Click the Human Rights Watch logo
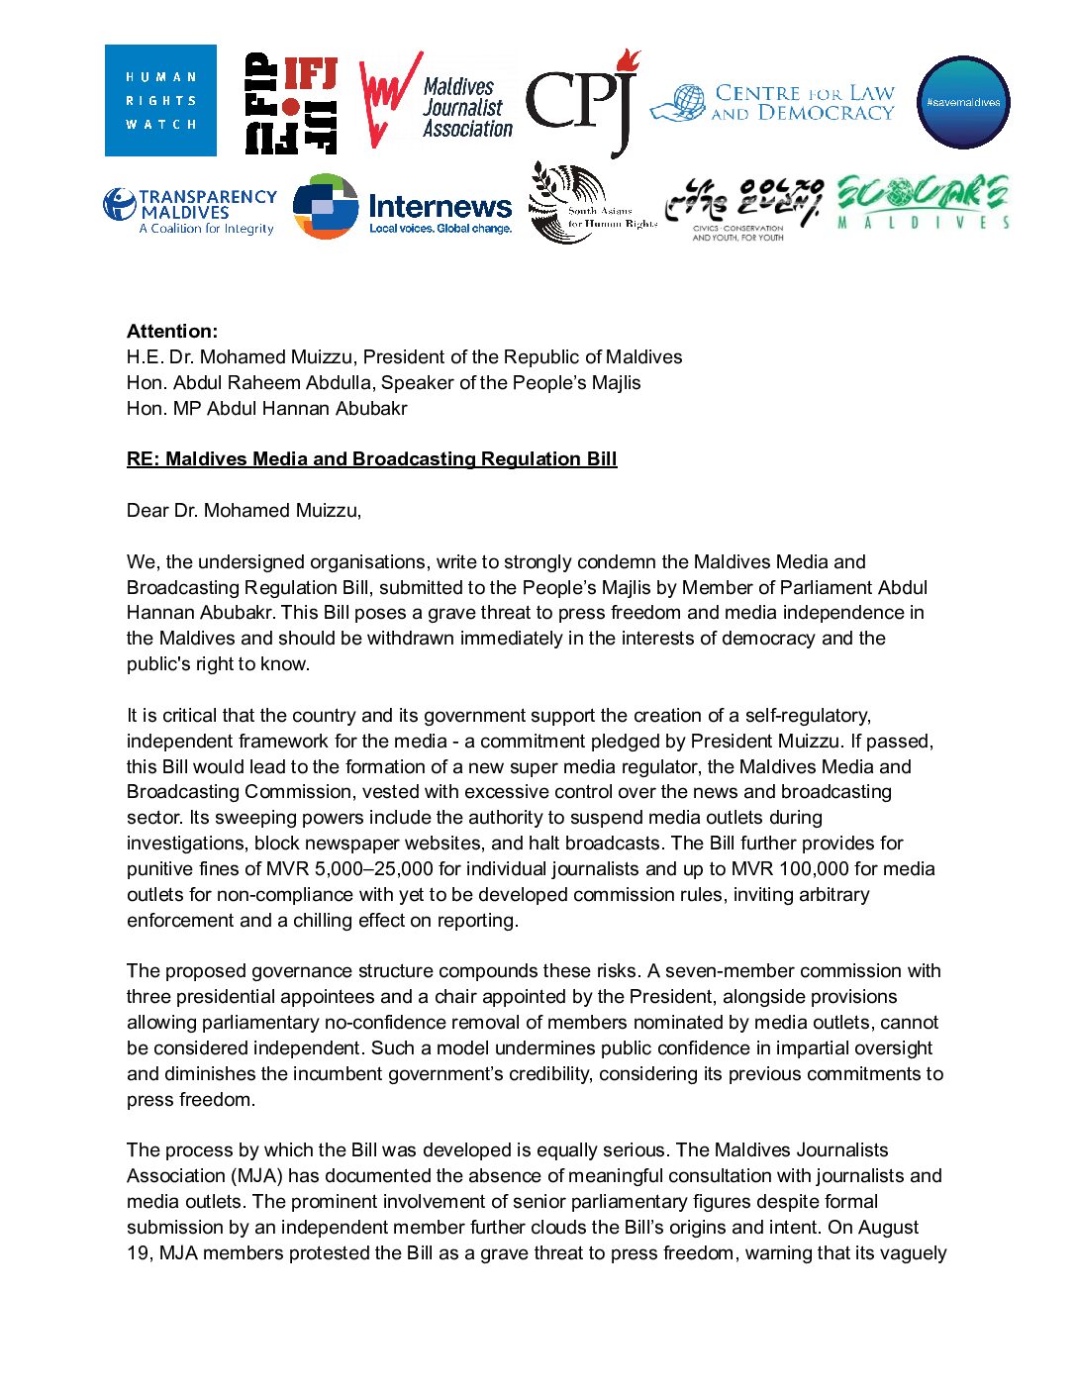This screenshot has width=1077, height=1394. (160, 100)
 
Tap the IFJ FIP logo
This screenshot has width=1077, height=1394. (291, 104)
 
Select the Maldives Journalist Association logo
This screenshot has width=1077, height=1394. (436, 102)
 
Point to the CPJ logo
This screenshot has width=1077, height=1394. (582, 102)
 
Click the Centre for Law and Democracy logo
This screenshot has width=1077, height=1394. (773, 103)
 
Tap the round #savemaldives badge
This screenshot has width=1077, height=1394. (963, 102)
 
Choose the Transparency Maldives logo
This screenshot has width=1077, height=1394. (190, 211)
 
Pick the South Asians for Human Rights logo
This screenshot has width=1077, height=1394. (592, 204)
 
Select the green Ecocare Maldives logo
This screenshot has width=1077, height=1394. (923, 202)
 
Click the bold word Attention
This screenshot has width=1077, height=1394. (172, 332)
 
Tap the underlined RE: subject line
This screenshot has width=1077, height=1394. (371, 459)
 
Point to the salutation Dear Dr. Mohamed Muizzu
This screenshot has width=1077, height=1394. (244, 511)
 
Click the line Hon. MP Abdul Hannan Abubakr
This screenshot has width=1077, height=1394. (266, 409)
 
